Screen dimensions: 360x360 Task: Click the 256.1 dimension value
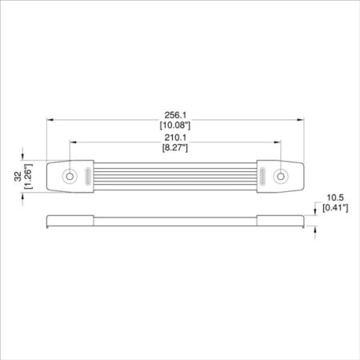point(175,115)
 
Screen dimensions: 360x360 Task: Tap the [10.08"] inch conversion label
point(175,125)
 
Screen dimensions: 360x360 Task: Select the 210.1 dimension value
point(175,138)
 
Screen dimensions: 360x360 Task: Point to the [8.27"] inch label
point(175,147)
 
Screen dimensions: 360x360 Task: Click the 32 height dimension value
point(18,177)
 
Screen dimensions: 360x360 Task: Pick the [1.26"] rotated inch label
point(28,177)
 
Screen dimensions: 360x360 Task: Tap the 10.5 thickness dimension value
point(335,198)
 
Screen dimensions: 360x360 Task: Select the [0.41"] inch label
point(335,207)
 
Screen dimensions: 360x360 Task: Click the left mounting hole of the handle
point(70,176)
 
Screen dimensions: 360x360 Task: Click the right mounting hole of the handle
point(281,176)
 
